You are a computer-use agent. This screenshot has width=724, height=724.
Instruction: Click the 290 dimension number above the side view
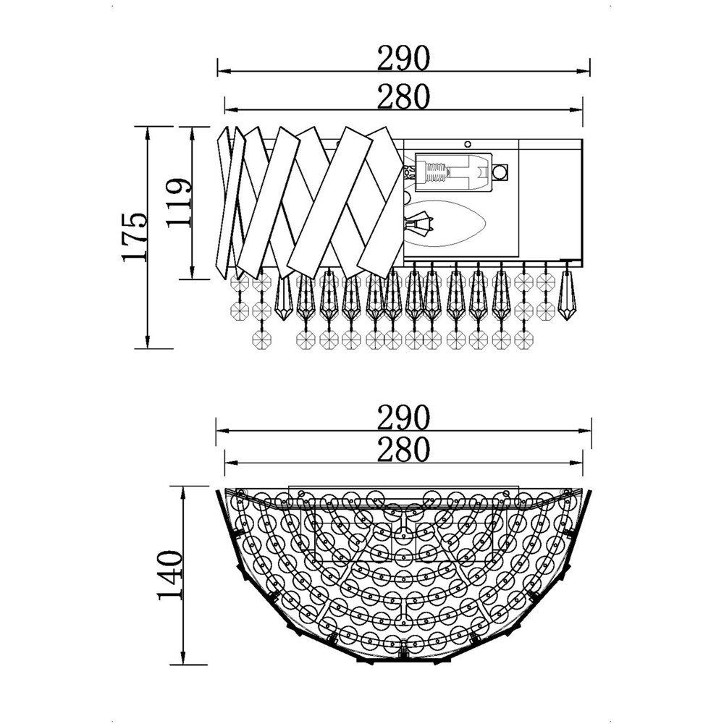click(403, 58)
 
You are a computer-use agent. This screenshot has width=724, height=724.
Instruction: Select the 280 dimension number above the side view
click(403, 97)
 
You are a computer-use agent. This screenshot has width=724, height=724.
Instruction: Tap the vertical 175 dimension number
click(135, 237)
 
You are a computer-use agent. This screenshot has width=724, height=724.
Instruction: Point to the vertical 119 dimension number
click(179, 202)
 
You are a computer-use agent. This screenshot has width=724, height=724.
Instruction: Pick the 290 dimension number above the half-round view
click(403, 418)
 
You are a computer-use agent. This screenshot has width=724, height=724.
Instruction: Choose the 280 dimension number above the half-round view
click(403, 450)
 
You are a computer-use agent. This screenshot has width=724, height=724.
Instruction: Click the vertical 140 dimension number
click(170, 575)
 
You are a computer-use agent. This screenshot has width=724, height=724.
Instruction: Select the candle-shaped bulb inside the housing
click(445, 224)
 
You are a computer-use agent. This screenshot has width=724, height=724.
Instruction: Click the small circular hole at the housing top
click(467, 143)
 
